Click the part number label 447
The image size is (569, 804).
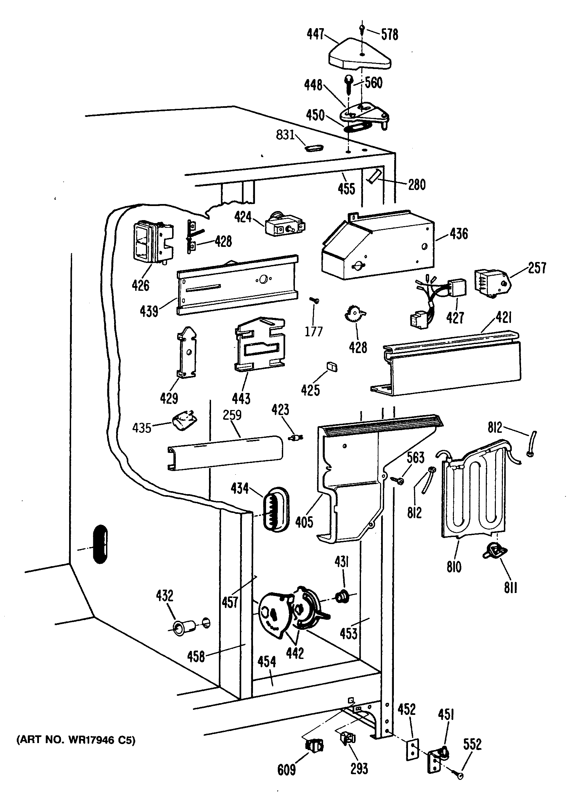point(315,34)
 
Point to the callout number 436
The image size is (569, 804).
point(459,233)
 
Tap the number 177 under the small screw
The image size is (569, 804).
point(313,331)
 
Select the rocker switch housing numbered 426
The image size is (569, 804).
point(153,242)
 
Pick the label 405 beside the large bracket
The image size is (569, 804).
point(304,522)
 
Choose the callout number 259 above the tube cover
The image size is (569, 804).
point(232,415)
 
